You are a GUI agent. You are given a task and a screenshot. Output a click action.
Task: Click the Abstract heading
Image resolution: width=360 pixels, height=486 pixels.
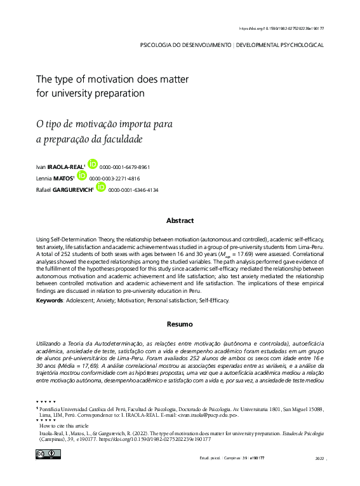180,220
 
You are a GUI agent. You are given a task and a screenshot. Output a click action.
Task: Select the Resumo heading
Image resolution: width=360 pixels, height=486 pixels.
180,324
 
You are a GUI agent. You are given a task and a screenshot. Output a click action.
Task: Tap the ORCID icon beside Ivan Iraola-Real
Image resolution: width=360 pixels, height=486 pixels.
92,164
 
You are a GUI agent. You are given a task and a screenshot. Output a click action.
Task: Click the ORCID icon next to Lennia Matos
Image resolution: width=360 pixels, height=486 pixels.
81,175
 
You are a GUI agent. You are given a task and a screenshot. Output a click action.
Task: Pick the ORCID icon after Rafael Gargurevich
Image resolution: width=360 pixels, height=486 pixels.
101,187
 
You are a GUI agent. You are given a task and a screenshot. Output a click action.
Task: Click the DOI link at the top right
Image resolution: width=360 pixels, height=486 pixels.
281,29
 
